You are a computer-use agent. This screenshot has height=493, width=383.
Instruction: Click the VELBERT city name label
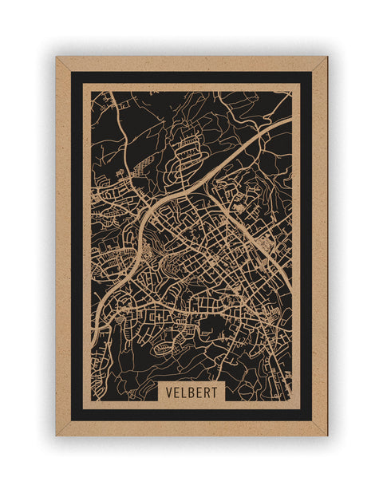click(x=191, y=393)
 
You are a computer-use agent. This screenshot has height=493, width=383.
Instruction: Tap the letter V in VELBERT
click(x=168, y=393)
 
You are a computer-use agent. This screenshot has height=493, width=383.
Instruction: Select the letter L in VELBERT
click(x=184, y=393)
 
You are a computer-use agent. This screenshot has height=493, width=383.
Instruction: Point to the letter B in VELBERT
click(x=191, y=393)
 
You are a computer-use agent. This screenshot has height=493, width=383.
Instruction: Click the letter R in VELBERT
click(x=207, y=393)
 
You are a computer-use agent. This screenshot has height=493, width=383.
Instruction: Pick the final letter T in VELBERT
click(x=215, y=393)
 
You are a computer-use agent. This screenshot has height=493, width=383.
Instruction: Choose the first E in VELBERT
click(x=176, y=393)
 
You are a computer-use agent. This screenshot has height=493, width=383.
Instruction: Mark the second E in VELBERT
click(x=199, y=393)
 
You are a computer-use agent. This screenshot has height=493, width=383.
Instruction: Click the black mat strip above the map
click(x=191, y=77)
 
